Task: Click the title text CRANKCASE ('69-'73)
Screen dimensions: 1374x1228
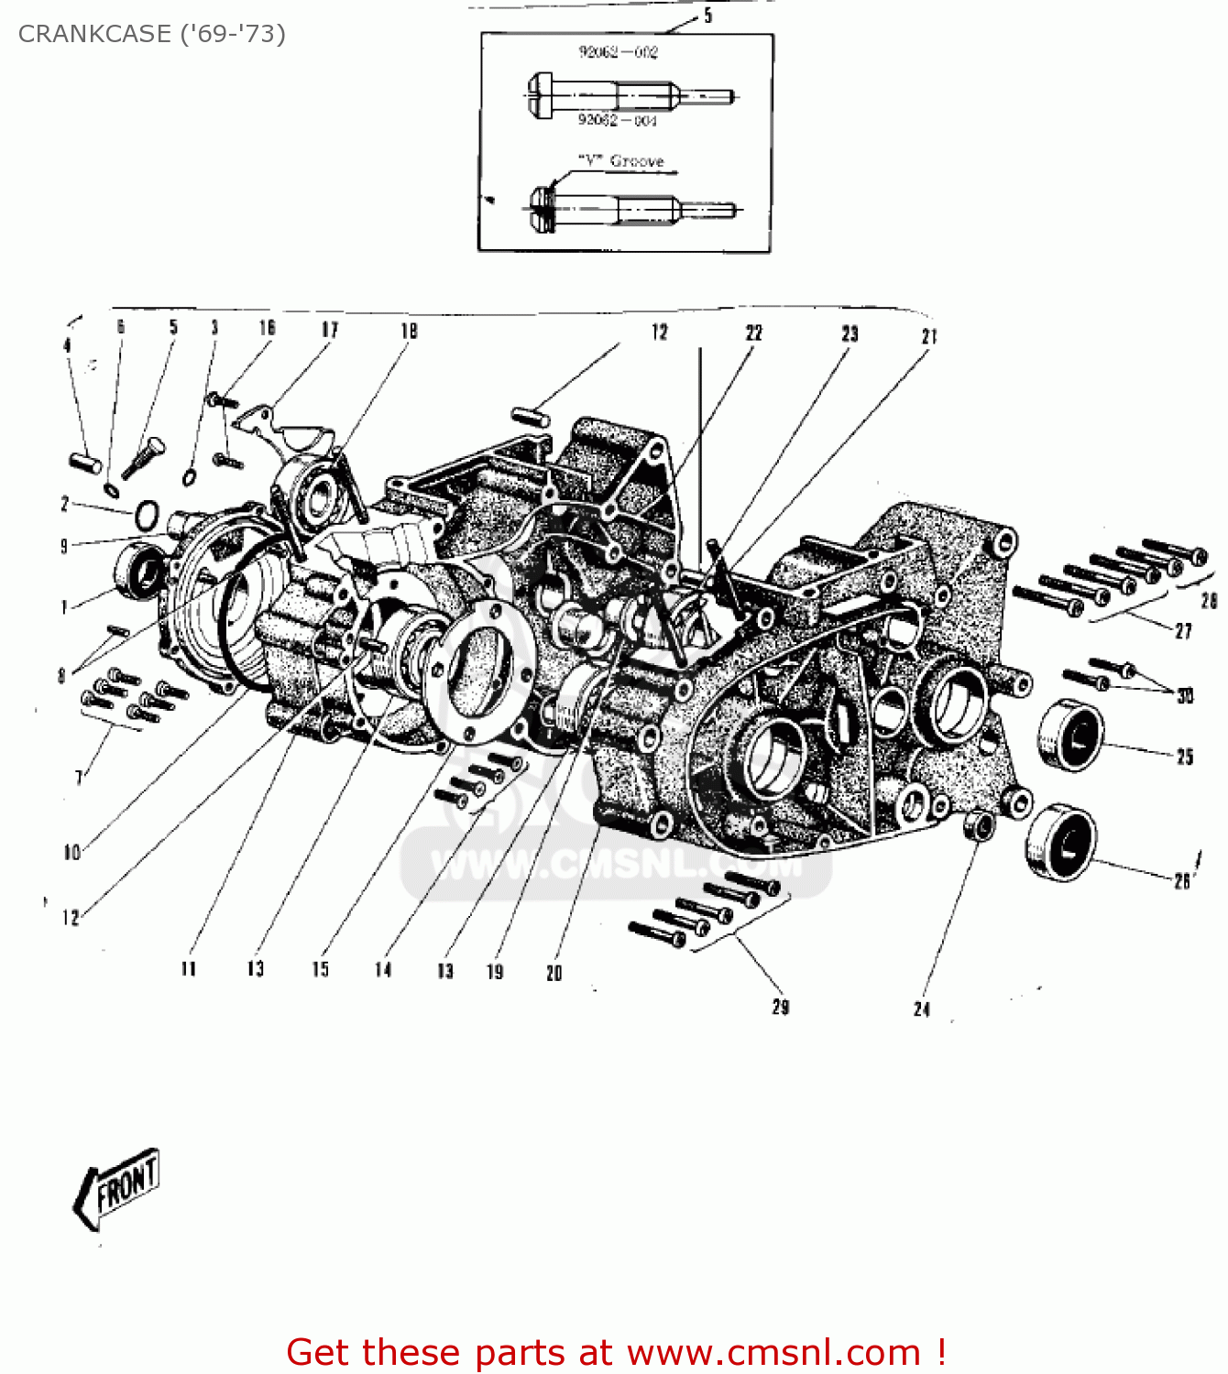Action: click(151, 34)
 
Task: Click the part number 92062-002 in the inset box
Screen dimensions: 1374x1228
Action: click(618, 52)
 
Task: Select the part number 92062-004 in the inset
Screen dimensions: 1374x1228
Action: click(617, 121)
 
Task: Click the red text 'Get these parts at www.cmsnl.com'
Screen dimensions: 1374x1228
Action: click(616, 1352)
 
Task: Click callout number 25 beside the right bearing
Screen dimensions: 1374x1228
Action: click(1185, 757)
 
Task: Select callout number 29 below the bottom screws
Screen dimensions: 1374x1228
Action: click(780, 1007)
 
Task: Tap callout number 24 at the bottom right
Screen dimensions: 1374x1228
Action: click(922, 1009)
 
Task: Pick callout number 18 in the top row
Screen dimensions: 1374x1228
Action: click(409, 331)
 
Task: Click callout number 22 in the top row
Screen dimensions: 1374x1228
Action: click(753, 333)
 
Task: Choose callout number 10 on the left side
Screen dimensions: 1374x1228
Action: click(72, 853)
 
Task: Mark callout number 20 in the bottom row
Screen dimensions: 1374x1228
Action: click(554, 973)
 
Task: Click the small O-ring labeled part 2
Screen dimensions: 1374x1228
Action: click(147, 516)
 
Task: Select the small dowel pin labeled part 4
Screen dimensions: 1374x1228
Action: click(84, 463)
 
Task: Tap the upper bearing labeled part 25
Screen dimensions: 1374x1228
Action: click(1070, 735)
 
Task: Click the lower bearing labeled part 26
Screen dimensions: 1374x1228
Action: click(1059, 842)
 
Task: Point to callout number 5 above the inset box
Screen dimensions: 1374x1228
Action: click(707, 16)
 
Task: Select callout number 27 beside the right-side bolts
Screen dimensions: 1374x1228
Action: click(1183, 631)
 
